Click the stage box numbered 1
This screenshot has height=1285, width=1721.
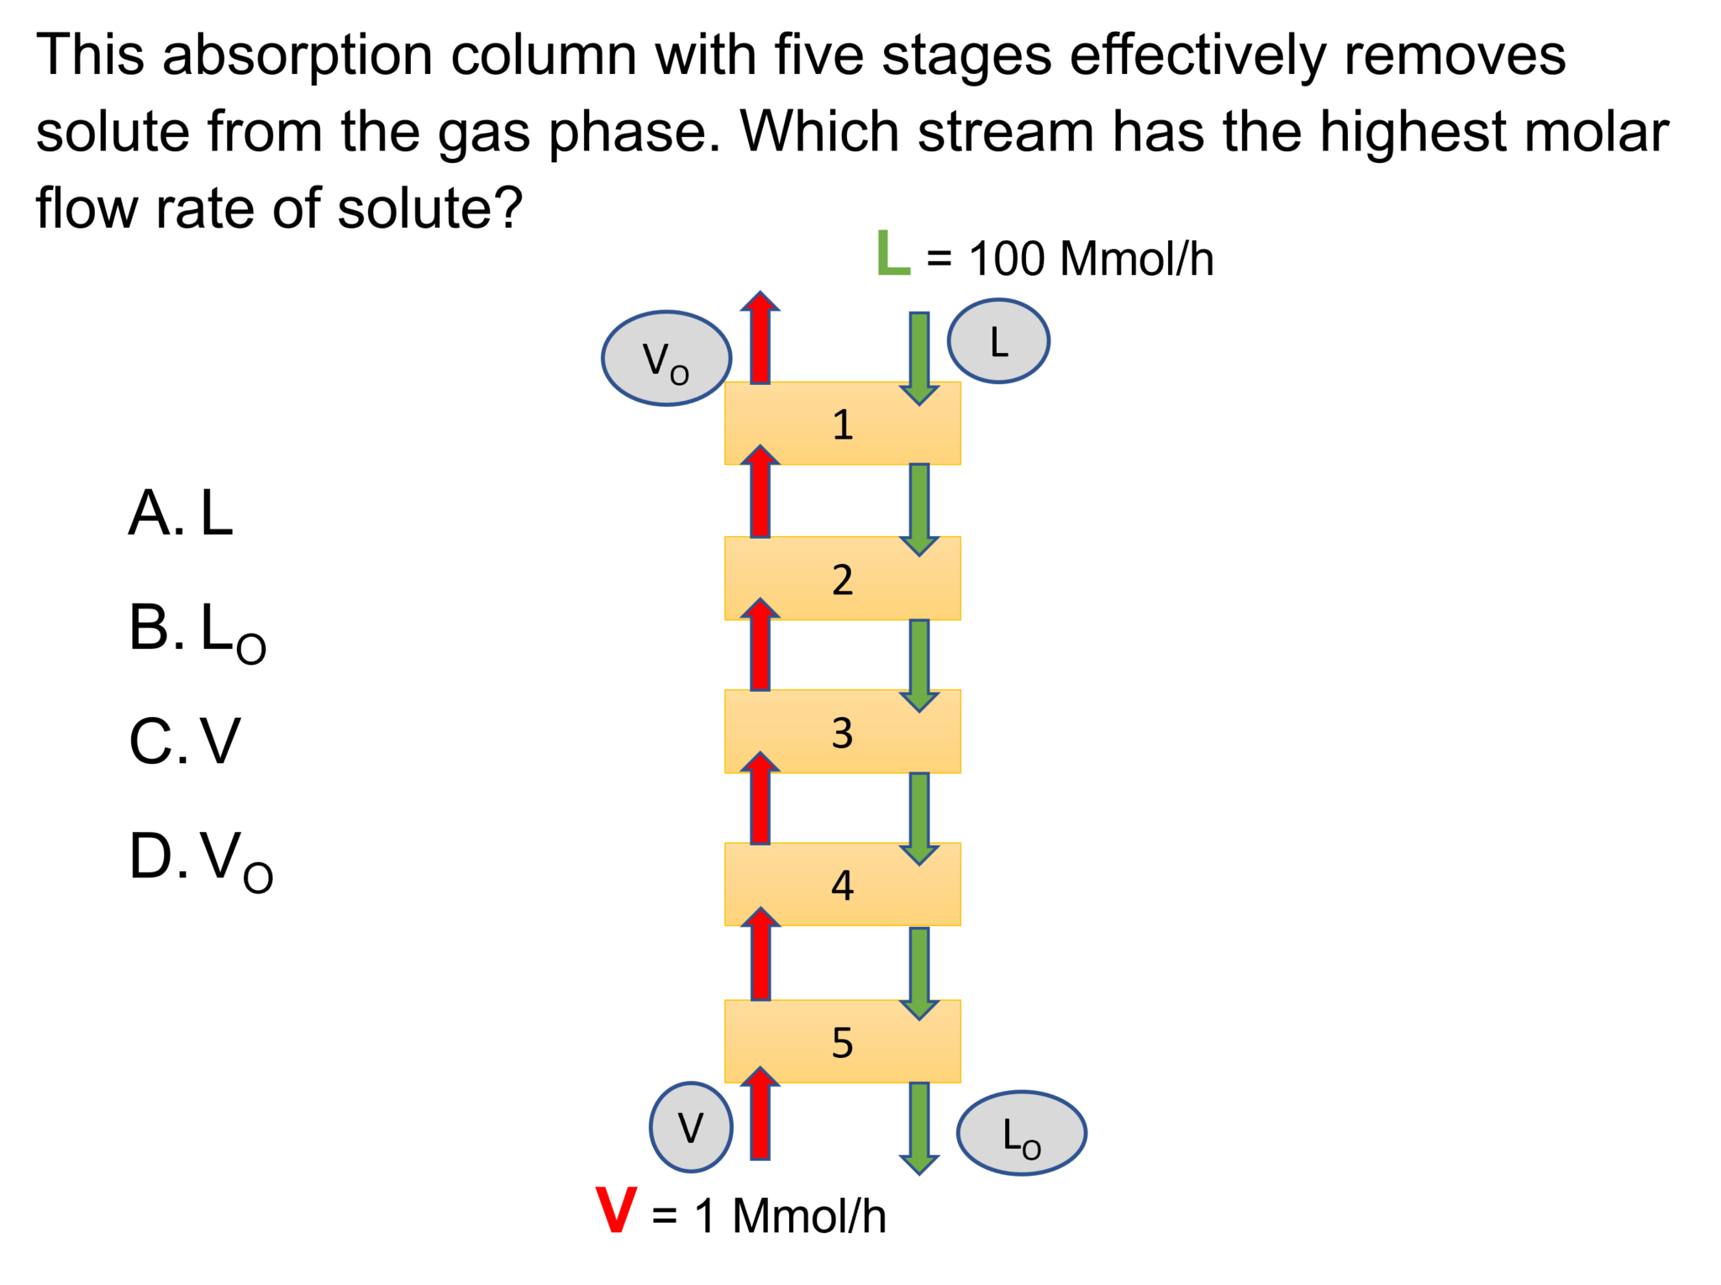pos(842,424)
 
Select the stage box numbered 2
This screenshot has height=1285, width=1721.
pos(842,578)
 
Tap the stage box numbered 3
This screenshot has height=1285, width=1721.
pos(842,732)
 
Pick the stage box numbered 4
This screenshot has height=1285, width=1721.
pos(842,885)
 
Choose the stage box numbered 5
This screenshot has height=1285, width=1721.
pos(842,1041)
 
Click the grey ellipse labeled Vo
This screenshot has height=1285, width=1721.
pos(666,359)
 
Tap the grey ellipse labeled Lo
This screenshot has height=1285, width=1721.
pos(1021,1133)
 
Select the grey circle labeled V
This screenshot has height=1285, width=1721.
pos(691,1127)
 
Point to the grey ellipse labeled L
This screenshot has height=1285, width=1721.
pos(998,341)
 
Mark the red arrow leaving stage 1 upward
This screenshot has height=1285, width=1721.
pos(760,340)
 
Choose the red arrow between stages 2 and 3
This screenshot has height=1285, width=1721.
pos(760,647)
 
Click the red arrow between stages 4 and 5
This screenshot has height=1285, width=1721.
pos(760,956)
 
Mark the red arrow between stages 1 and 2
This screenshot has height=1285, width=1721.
pos(760,494)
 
